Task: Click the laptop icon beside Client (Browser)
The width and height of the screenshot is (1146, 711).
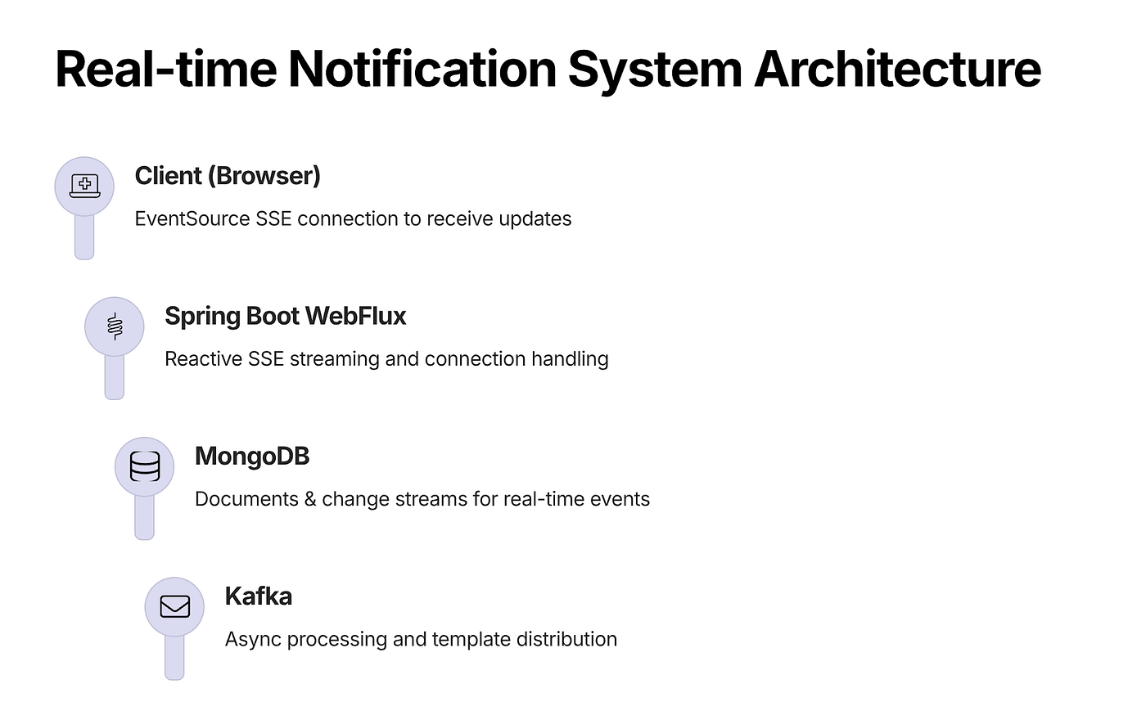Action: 84,186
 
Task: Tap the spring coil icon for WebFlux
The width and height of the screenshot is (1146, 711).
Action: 115,326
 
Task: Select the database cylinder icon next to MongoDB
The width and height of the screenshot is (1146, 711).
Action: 145,466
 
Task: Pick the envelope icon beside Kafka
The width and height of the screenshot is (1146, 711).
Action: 175,606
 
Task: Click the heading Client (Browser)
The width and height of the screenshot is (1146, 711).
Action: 228,176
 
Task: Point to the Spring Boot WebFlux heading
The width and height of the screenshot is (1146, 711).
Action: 286,316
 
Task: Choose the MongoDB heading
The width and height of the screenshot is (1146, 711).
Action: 252,456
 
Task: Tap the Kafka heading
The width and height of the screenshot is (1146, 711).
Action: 259,596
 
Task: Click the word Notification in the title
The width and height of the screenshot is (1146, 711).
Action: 422,69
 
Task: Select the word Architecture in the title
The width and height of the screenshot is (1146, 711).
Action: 898,69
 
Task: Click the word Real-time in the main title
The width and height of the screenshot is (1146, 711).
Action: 166,69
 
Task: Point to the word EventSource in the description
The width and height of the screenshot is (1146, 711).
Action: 192,219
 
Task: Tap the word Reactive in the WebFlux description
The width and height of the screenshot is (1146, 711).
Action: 204,359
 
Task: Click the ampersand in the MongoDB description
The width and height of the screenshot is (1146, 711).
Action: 310,499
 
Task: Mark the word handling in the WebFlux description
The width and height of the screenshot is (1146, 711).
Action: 570,360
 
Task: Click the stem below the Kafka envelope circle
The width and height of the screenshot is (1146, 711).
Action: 174,658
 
